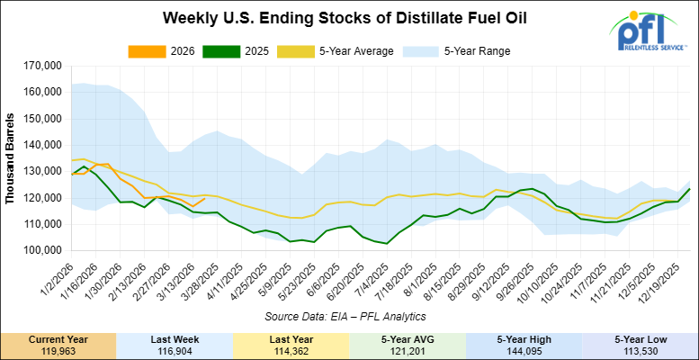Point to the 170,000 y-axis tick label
pos(40,66)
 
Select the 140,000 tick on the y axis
pos(40,144)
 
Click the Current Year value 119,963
pos(58,349)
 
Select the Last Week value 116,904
pos(175,349)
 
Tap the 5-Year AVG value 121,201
pos(408,349)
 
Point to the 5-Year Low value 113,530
pos(641,349)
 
